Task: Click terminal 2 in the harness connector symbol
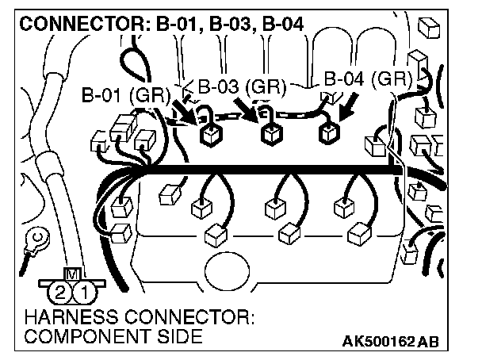tap(60, 293)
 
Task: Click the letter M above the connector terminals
tap(73, 275)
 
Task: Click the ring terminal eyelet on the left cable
tap(35, 236)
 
